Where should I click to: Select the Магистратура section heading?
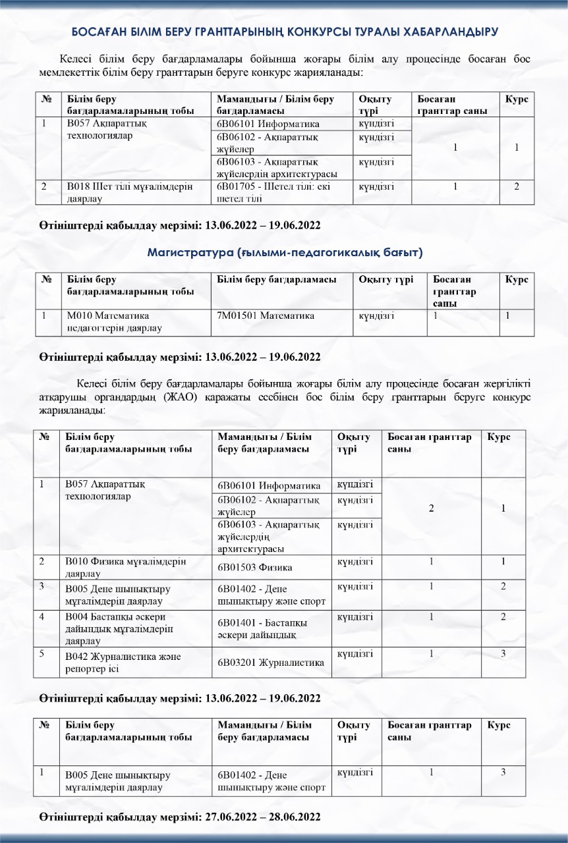coord(285,252)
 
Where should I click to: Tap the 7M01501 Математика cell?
coord(266,315)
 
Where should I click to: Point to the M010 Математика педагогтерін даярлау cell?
coord(108,321)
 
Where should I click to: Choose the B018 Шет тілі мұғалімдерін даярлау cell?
coord(128,192)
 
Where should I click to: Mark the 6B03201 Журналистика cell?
coord(271,663)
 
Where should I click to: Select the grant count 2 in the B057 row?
coord(431,508)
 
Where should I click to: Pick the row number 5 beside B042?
coord(42,653)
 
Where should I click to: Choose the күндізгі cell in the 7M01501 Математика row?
coord(376,315)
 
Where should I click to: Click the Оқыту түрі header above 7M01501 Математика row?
coord(385,280)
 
